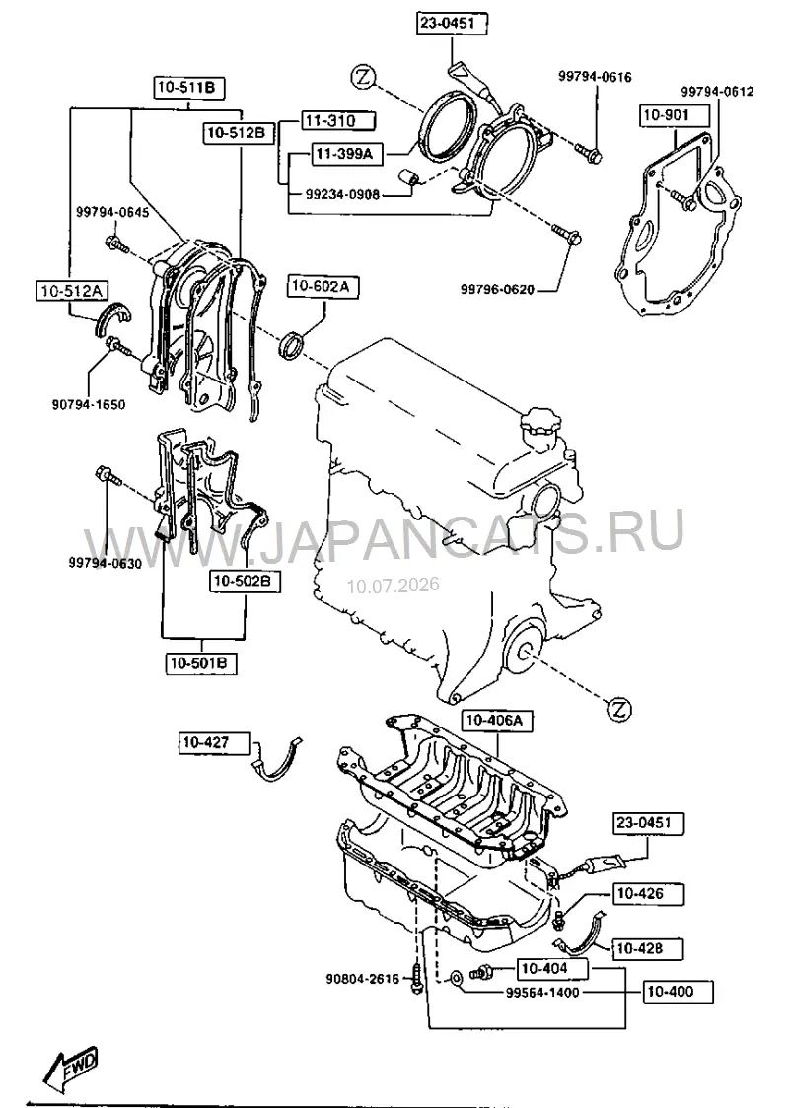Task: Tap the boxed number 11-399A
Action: pyautogui.click(x=346, y=154)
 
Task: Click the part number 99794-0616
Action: pyautogui.click(x=596, y=77)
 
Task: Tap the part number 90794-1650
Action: pyautogui.click(x=89, y=405)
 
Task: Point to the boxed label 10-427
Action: pyautogui.click(x=213, y=742)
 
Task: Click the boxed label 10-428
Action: pyautogui.click(x=648, y=948)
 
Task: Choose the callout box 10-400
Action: pyautogui.click(x=678, y=992)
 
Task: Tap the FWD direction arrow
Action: pyautogui.click(x=69, y=1065)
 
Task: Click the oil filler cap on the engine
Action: pyautogui.click(x=538, y=428)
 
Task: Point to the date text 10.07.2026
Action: pyautogui.click(x=393, y=586)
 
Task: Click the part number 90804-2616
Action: pyautogui.click(x=363, y=980)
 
